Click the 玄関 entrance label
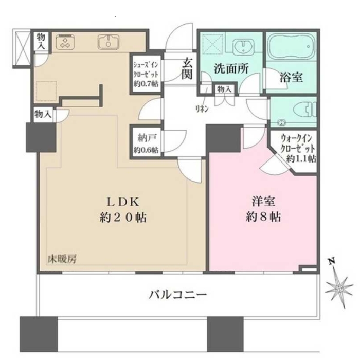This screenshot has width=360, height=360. pyautogui.click(x=187, y=68)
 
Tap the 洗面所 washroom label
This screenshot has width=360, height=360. pyautogui.click(x=231, y=68)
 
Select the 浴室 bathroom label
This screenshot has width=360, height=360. pyautogui.click(x=291, y=77)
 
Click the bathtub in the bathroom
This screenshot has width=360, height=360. pyautogui.click(x=291, y=47)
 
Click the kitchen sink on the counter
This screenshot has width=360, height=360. pyautogui.click(x=109, y=42)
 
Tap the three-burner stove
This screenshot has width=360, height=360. pyautogui.click(x=66, y=42)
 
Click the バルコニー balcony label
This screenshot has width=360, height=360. pyautogui.click(x=178, y=295)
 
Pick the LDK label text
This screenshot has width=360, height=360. pyautogui.click(x=123, y=202)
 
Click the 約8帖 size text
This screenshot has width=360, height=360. pyautogui.click(x=263, y=217)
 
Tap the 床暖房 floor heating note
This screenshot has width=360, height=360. pyautogui.click(x=62, y=259)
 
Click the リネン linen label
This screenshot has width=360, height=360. pyautogui.click(x=202, y=109)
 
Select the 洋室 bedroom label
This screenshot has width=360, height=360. pyautogui.click(x=263, y=202)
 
